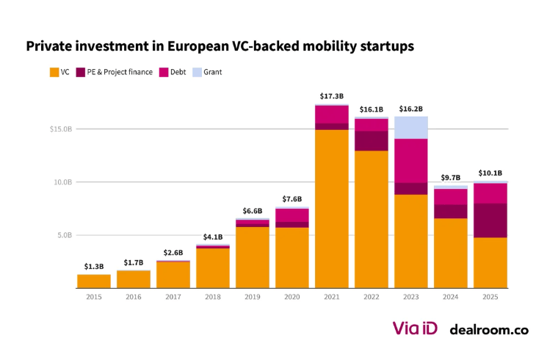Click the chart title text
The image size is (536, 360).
click(220, 46)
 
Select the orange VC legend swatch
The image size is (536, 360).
click(54, 72)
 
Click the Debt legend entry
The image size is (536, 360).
click(173, 72)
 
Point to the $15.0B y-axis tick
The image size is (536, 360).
click(60, 129)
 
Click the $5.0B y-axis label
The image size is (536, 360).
click(62, 236)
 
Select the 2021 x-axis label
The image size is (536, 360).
click(332, 298)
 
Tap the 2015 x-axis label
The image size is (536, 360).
click(94, 298)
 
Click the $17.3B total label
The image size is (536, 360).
click(332, 96)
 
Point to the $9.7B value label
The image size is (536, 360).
click(451, 178)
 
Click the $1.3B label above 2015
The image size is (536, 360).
click(94, 266)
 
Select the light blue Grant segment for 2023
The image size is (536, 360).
click(411, 127)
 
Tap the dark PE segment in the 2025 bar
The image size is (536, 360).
click(490, 220)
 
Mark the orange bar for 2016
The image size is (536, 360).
click(134, 279)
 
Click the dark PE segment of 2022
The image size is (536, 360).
click(372, 141)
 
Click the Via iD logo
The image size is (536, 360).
click(415, 328)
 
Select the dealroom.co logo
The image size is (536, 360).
click(488, 330)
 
